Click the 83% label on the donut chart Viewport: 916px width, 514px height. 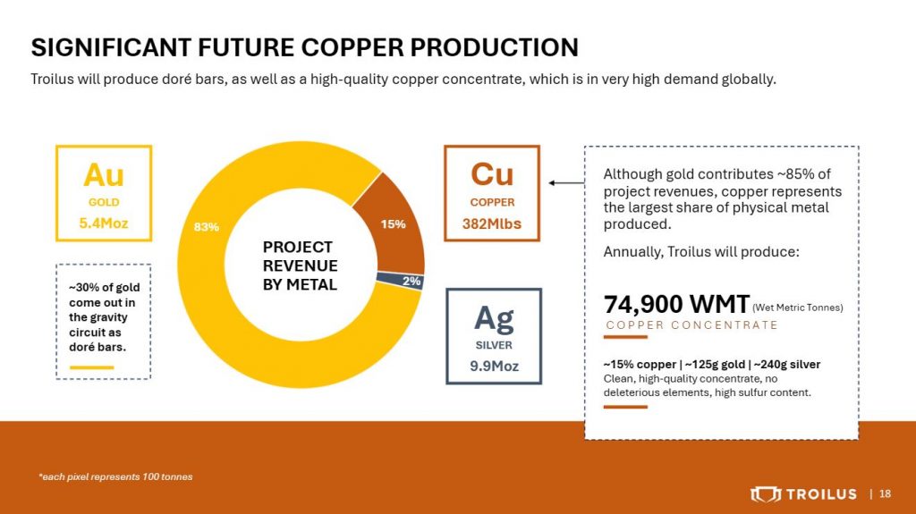coord(207,227)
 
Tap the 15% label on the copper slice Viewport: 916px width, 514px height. coord(394,223)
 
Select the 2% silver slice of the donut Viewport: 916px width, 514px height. coord(400,281)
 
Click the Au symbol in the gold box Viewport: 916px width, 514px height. coord(104,174)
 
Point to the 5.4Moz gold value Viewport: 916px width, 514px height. coord(104,223)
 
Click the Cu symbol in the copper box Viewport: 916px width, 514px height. coord(492,174)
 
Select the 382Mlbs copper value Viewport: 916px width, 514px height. coord(492,223)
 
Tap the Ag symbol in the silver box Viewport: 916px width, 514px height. coord(494,319)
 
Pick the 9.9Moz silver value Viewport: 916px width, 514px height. coord(494,367)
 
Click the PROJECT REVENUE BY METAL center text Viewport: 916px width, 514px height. coord(301,265)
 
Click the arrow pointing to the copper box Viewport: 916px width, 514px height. coord(566,183)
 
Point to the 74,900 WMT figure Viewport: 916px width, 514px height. coord(676,304)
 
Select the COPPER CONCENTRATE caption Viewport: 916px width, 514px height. coord(691,325)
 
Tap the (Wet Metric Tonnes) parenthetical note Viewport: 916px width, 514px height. coord(798,308)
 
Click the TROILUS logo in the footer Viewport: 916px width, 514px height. coord(804,494)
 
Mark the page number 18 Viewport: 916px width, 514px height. coord(885,494)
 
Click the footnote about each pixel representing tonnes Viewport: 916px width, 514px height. coord(115,476)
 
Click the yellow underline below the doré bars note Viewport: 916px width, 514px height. coord(92,367)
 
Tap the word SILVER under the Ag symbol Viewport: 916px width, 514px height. coord(494,345)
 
